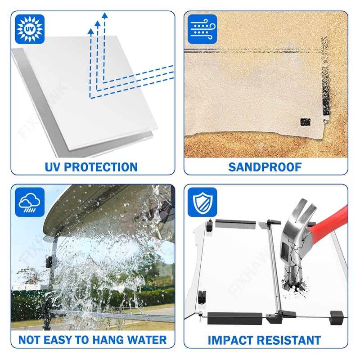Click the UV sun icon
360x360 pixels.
[30, 29]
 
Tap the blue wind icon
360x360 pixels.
[202, 29]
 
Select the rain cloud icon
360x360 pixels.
[30, 202]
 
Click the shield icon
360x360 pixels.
[202, 202]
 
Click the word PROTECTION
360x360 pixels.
[101, 167]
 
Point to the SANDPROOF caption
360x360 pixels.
[265, 167]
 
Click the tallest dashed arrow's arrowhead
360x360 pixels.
[105, 15]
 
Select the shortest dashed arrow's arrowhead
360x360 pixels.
[91, 31]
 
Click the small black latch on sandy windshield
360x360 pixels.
[306, 122]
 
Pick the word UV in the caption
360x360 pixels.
[53, 167]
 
